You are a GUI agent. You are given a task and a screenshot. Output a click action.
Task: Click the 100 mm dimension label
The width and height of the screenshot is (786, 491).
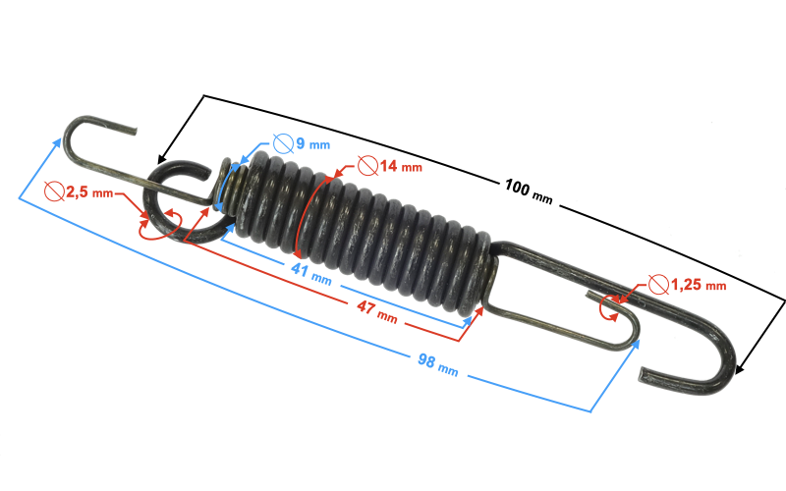click(529, 192)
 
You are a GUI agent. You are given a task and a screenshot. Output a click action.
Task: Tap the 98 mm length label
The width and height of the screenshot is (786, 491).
click(437, 364)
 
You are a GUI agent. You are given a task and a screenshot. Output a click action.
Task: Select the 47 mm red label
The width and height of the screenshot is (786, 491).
click(377, 311)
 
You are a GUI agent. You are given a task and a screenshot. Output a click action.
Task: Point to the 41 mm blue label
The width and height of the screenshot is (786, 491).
click(311, 274)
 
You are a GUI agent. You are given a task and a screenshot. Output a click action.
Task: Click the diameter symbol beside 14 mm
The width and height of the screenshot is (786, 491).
click(367, 165)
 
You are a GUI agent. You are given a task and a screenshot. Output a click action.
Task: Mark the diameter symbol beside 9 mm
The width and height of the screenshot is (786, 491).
click(283, 143)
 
